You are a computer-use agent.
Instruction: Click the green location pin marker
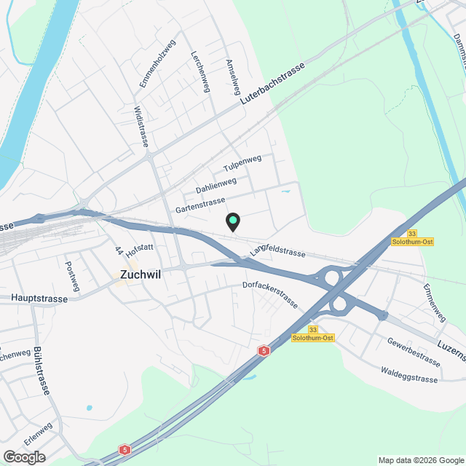[232, 221]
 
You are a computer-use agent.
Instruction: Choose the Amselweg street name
[234, 76]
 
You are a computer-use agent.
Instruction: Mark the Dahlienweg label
[216, 186]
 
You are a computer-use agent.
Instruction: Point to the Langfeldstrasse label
[277, 251]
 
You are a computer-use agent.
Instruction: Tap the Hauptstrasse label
[39, 299]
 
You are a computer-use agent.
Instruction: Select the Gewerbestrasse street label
[414, 352]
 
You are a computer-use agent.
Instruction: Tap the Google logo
[24, 457]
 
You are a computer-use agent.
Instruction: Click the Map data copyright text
[421, 459]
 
